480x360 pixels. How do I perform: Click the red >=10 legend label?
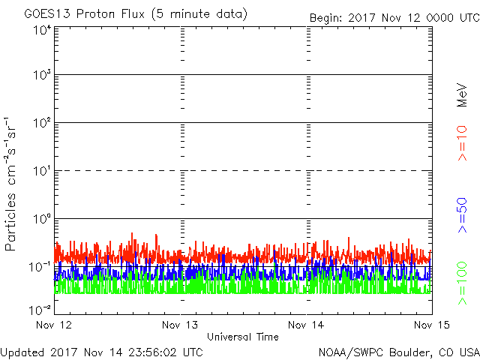(x=463, y=142)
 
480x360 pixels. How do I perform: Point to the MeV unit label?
(x=463, y=94)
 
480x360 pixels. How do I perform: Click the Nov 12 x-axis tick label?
(x=55, y=325)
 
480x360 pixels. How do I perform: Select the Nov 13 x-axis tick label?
(x=181, y=325)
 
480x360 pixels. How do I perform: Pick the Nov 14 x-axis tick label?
(x=307, y=325)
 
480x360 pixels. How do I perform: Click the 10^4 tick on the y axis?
(x=40, y=29)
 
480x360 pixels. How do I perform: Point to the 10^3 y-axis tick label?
(x=40, y=76)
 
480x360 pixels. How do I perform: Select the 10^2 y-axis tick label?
(x=40, y=124)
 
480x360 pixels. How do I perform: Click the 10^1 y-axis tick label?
(x=40, y=172)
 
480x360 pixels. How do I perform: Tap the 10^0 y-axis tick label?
(x=40, y=220)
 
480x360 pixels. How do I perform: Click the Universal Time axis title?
(x=242, y=337)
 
